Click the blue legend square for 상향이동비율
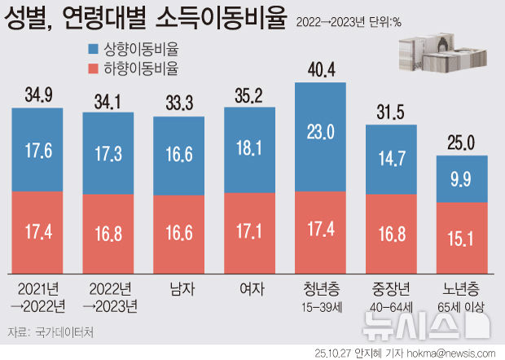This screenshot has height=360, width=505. (x=90, y=50)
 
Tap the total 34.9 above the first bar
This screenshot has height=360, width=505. (x=38, y=95)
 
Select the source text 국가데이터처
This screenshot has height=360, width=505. (x=65, y=331)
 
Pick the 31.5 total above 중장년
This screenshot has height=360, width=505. (x=393, y=112)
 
